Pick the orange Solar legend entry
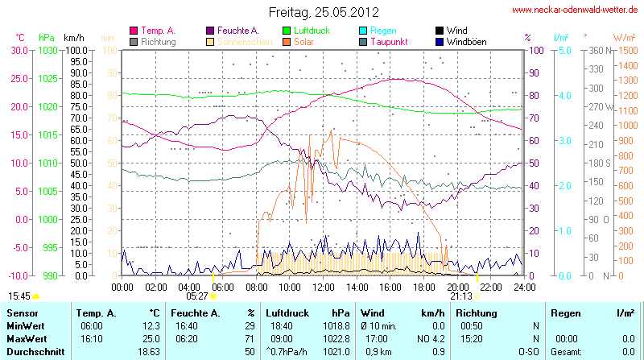point(303,41)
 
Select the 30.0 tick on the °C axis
point(18,50)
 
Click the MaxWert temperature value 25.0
point(151,339)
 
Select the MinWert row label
point(26,326)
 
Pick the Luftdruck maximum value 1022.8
point(339,339)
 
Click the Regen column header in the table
point(564,312)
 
